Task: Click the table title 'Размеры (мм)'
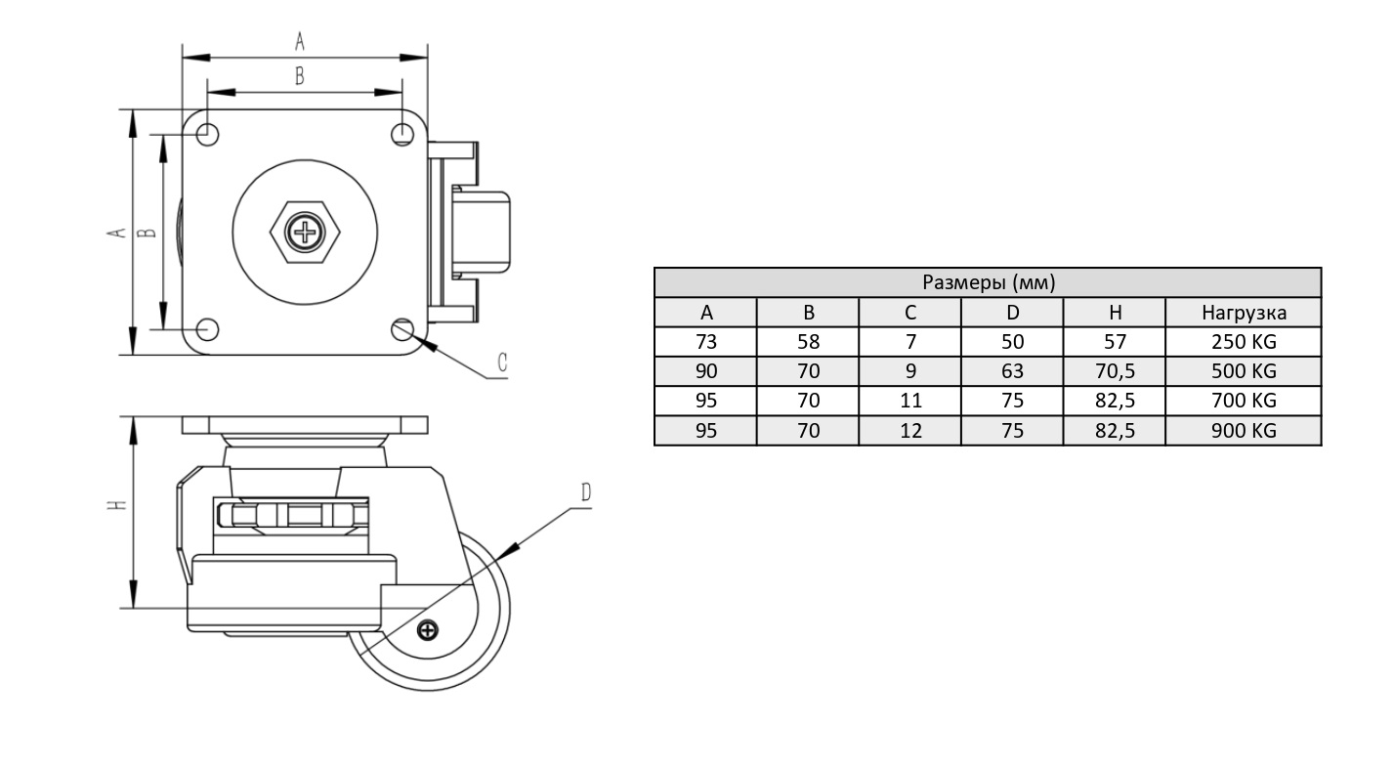tap(988, 282)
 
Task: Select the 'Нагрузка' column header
tap(1243, 313)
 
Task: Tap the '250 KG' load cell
tap(1243, 342)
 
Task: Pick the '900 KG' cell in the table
tap(1243, 430)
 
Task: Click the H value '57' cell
tap(1114, 342)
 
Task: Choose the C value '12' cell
tap(909, 430)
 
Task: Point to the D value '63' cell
tap(1012, 371)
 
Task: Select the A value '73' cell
tap(705, 342)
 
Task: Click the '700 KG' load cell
tap(1243, 401)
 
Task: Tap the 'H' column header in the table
tap(1114, 313)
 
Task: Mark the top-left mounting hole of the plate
tap(207, 133)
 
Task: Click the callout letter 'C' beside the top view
tap(501, 362)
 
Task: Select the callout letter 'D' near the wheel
tap(585, 492)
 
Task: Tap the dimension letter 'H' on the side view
tap(116, 506)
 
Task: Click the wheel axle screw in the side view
tap(427, 630)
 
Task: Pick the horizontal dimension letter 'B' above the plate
tap(300, 75)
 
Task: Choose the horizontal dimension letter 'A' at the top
tap(300, 40)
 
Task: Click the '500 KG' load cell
tap(1243, 371)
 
